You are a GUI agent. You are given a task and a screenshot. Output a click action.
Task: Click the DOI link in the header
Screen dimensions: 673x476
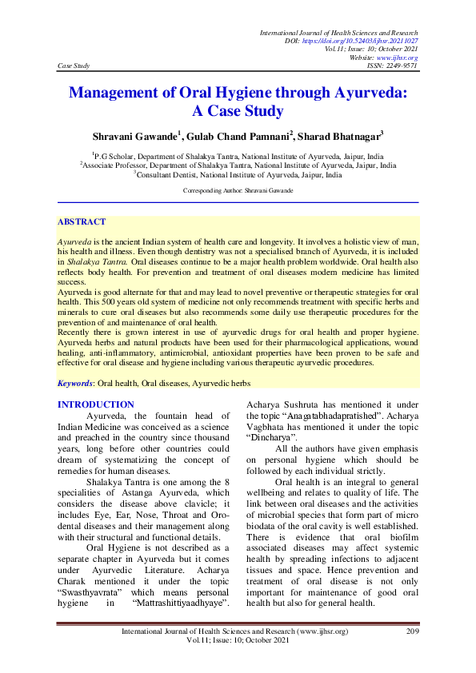point(373,41)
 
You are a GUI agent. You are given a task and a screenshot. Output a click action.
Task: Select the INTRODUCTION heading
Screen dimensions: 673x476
point(96,405)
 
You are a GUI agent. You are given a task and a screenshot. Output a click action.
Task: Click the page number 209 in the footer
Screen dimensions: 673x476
point(413,632)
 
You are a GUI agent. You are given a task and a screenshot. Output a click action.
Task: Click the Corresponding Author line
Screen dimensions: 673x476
point(238,191)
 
